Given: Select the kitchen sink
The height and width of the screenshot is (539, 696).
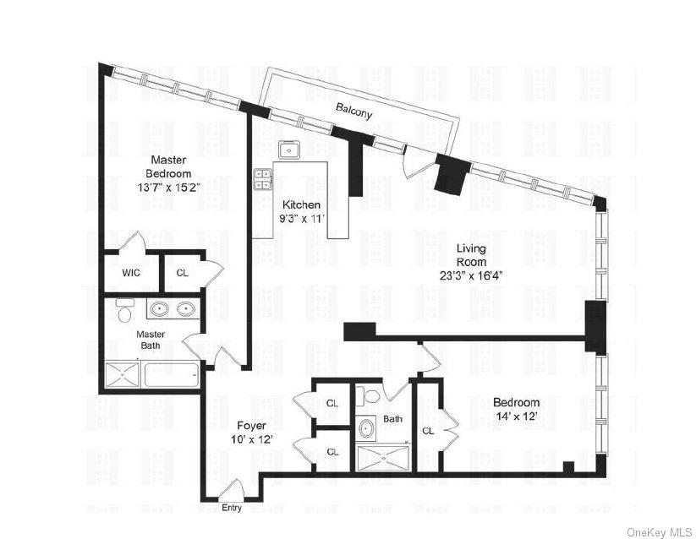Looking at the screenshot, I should coord(290,150).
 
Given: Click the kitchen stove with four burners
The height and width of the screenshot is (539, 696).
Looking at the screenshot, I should coord(263,179).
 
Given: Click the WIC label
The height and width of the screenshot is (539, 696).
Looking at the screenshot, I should coord(130,273).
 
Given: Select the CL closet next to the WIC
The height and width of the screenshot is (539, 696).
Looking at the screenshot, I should coord(183,273).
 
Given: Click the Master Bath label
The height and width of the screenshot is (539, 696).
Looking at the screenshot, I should coord(151,340).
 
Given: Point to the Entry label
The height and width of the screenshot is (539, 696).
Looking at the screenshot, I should coord(231,508).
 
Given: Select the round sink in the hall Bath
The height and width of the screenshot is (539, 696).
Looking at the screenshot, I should coord(366,428).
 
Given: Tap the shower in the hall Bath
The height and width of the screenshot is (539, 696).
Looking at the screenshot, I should coord(381,458).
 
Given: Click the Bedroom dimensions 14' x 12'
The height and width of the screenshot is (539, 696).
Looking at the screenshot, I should coord(516,416).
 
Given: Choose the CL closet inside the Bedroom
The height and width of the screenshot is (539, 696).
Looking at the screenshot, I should coord(428,431).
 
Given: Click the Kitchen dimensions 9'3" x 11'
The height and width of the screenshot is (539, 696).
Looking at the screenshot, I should coord(302,218).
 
